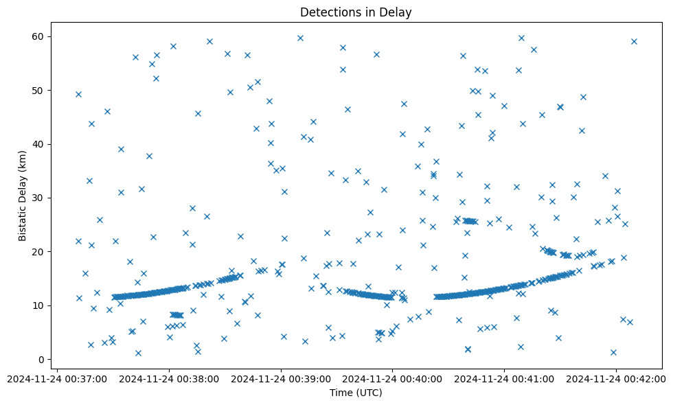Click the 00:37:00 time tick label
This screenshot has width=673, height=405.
pos(58,378)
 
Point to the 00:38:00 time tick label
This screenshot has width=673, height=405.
pos(170,378)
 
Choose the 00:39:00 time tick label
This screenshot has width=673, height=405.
pos(282,378)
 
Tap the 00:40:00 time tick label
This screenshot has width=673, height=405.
pos(393,378)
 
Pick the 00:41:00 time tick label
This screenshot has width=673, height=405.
pos(505,378)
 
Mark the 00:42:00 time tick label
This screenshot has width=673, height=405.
pos(616,378)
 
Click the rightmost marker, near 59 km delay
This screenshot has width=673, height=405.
pos(634,41)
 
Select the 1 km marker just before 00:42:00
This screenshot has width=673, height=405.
pos(613,352)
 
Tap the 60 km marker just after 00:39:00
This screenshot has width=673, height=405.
pos(300,38)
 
